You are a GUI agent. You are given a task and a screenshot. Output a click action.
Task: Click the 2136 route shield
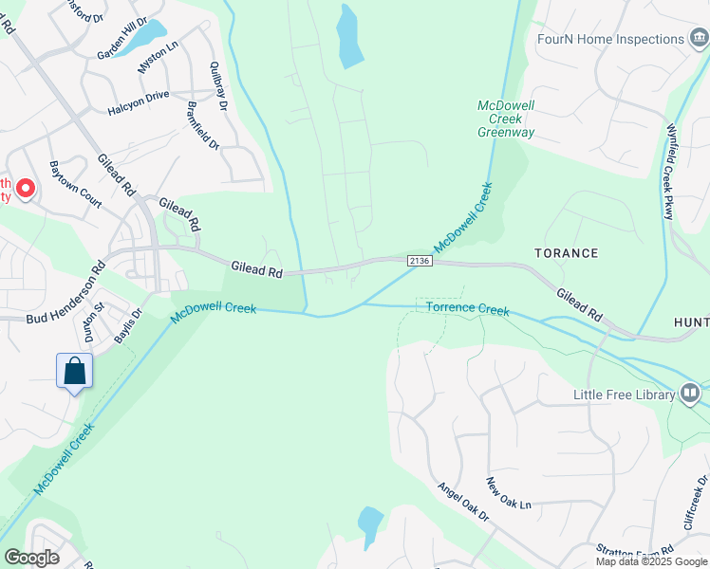tap(419, 260)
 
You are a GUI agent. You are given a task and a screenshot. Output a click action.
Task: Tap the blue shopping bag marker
tap(74, 371)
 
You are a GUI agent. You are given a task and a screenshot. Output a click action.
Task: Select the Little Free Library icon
tap(690, 393)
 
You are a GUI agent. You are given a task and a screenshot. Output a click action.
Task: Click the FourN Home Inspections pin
tap(701, 39)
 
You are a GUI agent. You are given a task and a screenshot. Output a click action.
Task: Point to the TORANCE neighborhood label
tap(566, 253)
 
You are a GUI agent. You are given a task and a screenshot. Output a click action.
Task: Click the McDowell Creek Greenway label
tap(505, 118)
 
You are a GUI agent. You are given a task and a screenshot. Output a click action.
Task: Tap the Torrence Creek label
tap(467, 308)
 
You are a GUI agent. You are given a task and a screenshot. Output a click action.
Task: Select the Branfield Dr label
tap(203, 126)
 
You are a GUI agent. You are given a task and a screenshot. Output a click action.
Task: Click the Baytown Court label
tap(76, 184)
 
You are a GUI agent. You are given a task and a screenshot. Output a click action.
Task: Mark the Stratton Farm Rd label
tap(635, 550)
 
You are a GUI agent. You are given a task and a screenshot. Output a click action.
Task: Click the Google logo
tap(31, 558)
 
